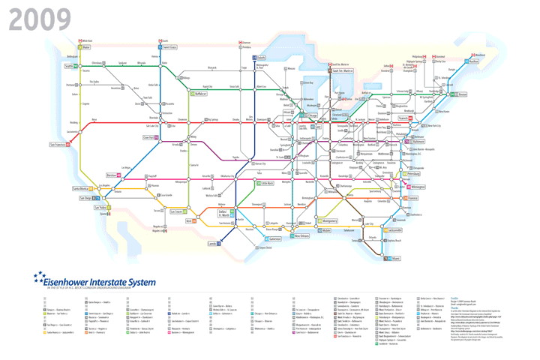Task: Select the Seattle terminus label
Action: [x=69, y=66]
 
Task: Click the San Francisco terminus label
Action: [x=58, y=144]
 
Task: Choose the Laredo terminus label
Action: [x=212, y=244]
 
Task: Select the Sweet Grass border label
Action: [x=170, y=47]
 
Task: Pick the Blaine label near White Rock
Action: [x=86, y=47]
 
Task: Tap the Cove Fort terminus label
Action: [x=149, y=137]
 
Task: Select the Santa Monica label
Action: [x=81, y=189]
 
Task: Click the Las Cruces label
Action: [x=175, y=211]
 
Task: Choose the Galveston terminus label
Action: [x=274, y=238]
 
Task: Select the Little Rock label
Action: [x=266, y=182]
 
